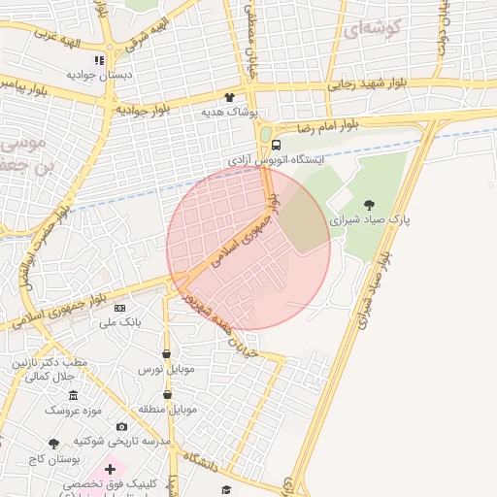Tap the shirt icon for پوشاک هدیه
(x=230, y=98)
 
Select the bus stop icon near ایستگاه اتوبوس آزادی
(x=277, y=146)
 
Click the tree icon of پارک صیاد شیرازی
(x=369, y=205)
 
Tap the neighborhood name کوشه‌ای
(x=371, y=29)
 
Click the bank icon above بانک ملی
(x=119, y=308)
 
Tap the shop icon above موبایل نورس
(x=167, y=354)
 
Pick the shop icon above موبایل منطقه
(x=168, y=395)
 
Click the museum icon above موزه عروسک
(x=73, y=395)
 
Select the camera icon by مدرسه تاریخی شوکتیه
(x=121, y=427)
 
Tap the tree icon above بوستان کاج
(x=54, y=444)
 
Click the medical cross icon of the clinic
(x=110, y=469)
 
